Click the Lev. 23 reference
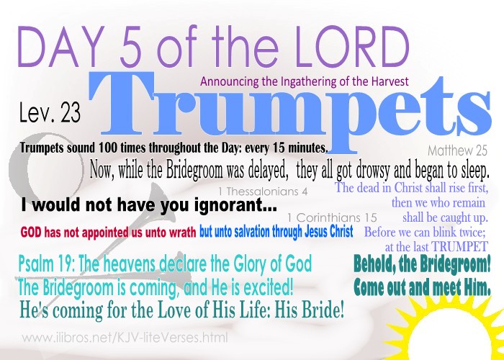pyautogui.click(x=50, y=113)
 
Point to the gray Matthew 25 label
pyautogui.click(x=457, y=150)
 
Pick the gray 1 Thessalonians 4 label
pyautogui.click(x=263, y=192)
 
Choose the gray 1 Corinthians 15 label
pyautogui.click(x=332, y=217)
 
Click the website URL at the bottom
pyautogui.click(x=125, y=338)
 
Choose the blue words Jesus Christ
pyautogui.click(x=327, y=231)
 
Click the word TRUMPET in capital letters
pyautogui.click(x=459, y=246)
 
